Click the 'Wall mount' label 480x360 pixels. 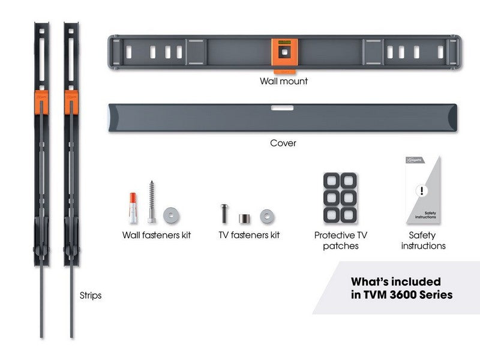pyautogui.click(x=283, y=81)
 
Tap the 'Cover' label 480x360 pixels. pyautogui.click(x=283, y=143)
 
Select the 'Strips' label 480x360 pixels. pyautogui.click(x=91, y=296)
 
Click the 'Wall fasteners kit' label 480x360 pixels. pyautogui.click(x=157, y=235)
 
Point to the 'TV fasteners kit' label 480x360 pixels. pyautogui.click(x=249, y=235)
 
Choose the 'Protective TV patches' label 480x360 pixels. pyautogui.click(x=340, y=241)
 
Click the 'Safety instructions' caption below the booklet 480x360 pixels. pyautogui.click(x=423, y=241)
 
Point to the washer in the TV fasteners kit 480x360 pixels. pyautogui.click(x=266, y=215)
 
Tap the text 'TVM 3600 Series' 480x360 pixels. pyautogui.click(x=401, y=295)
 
